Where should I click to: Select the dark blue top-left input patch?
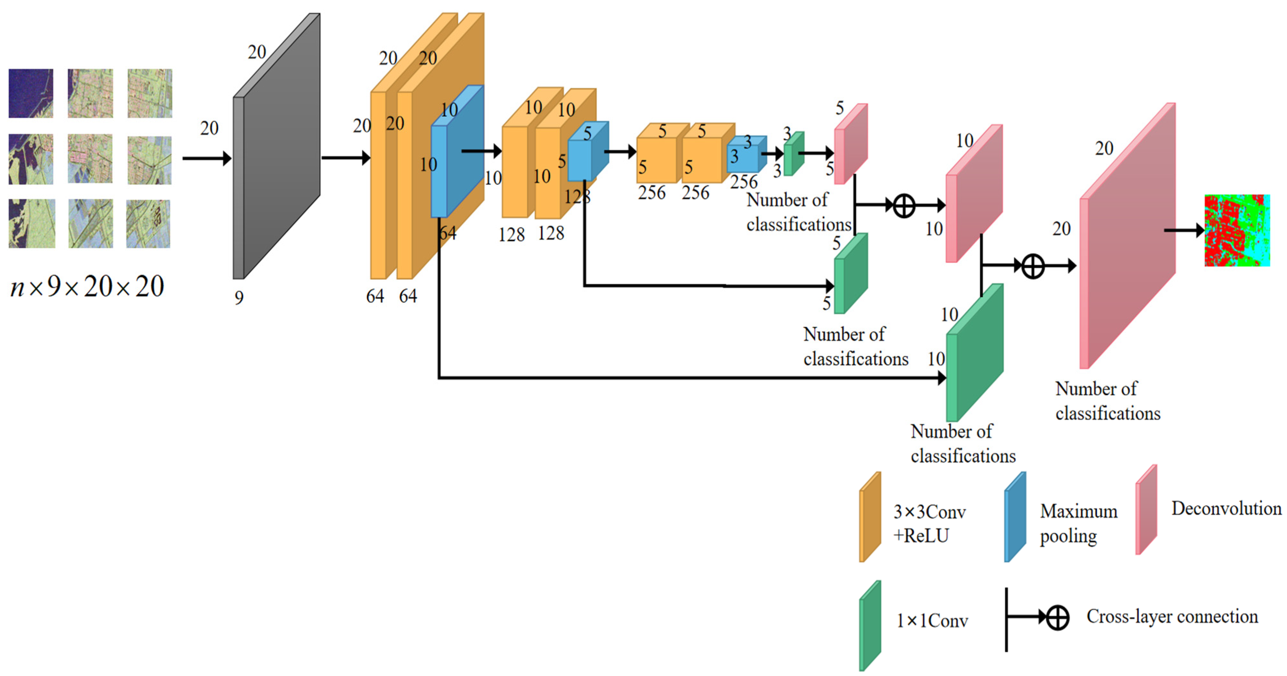coord(30,93)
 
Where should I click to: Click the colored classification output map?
coord(1237,230)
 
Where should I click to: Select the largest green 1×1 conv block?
coord(974,354)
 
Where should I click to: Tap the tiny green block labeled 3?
coord(794,154)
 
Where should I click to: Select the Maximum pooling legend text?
coord(1078,523)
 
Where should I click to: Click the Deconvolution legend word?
coord(1226,508)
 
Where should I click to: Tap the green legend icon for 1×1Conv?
coord(870,626)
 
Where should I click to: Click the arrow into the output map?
coord(1184,230)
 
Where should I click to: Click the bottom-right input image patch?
coord(148,224)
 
